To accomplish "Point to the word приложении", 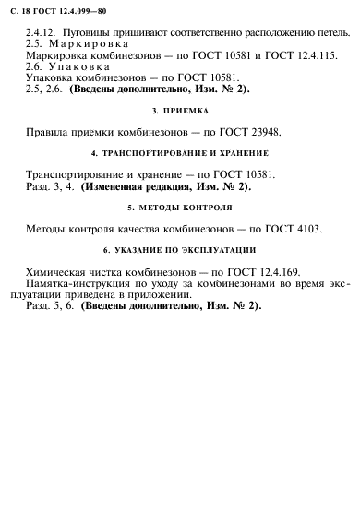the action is pyautogui.click(x=168, y=298).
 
